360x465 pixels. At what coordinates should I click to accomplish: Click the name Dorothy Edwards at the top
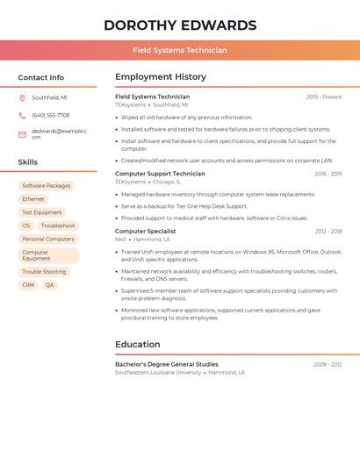180,25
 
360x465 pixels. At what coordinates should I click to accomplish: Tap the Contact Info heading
41,77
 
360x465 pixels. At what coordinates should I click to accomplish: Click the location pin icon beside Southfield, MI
22,97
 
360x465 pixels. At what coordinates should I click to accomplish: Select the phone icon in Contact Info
22,115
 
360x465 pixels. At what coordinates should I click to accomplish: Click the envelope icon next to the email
22,134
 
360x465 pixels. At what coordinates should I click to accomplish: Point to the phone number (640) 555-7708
51,115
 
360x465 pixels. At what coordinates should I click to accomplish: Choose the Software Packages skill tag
47,186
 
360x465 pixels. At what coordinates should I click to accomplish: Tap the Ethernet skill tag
33,199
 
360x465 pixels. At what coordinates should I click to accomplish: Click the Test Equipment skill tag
42,212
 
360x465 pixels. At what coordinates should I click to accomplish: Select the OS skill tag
26,225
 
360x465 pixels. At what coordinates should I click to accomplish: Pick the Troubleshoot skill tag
58,225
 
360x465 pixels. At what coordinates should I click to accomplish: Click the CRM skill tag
28,285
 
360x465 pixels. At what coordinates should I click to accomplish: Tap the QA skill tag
49,285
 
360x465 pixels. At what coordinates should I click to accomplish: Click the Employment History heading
161,77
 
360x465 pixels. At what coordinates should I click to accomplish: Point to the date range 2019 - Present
324,97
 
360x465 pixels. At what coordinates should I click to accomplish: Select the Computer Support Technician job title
160,174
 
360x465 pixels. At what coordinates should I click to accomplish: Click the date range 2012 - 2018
328,232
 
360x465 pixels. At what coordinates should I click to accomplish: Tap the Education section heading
138,345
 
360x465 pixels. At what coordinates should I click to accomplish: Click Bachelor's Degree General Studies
167,364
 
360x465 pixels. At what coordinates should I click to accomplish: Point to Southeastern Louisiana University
158,373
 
